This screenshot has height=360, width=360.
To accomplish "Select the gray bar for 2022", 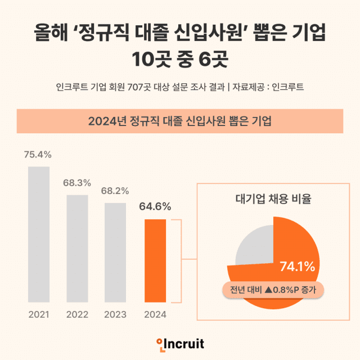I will (77, 248).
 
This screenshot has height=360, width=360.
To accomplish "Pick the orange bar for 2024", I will (155, 260).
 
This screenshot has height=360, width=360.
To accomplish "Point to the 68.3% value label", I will (77, 183).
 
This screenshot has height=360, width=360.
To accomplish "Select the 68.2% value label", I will (115, 191).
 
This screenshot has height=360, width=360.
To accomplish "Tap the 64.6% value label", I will (155, 206).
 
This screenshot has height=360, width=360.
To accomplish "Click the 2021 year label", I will (39, 314).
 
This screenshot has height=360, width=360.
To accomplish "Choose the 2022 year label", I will (77, 314).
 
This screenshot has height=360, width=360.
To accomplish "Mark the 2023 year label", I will (115, 314).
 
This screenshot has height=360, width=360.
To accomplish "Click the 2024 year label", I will (155, 314).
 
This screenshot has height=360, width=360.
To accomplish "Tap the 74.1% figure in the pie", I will (297, 266).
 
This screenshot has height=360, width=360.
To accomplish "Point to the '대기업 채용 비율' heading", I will (273, 199).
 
